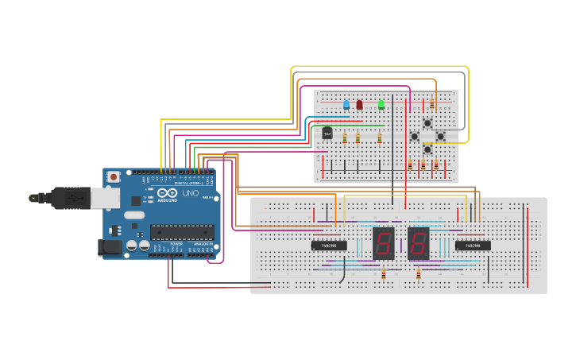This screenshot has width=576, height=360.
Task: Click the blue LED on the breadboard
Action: (x=346, y=105)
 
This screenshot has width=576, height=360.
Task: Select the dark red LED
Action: (x=359, y=105)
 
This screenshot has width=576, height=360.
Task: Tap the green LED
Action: (x=381, y=104)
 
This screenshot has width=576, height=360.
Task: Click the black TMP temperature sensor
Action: (x=327, y=133)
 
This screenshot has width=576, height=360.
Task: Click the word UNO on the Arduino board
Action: (x=191, y=194)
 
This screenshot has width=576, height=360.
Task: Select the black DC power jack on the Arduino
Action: (x=110, y=247)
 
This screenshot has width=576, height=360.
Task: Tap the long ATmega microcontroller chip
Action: (x=182, y=232)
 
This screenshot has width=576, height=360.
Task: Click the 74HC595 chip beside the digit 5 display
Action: (x=328, y=246)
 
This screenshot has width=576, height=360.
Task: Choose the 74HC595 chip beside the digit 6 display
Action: (x=473, y=246)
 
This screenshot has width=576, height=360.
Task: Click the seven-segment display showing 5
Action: (x=384, y=242)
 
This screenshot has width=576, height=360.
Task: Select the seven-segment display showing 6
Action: (x=419, y=242)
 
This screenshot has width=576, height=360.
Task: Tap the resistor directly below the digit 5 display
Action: (x=383, y=274)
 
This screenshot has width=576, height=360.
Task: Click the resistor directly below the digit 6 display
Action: (x=419, y=274)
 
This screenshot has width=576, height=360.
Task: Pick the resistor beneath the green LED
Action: (x=371, y=137)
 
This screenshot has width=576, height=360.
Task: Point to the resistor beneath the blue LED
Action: (x=345, y=137)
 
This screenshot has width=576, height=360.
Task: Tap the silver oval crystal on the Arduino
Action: (x=134, y=215)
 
